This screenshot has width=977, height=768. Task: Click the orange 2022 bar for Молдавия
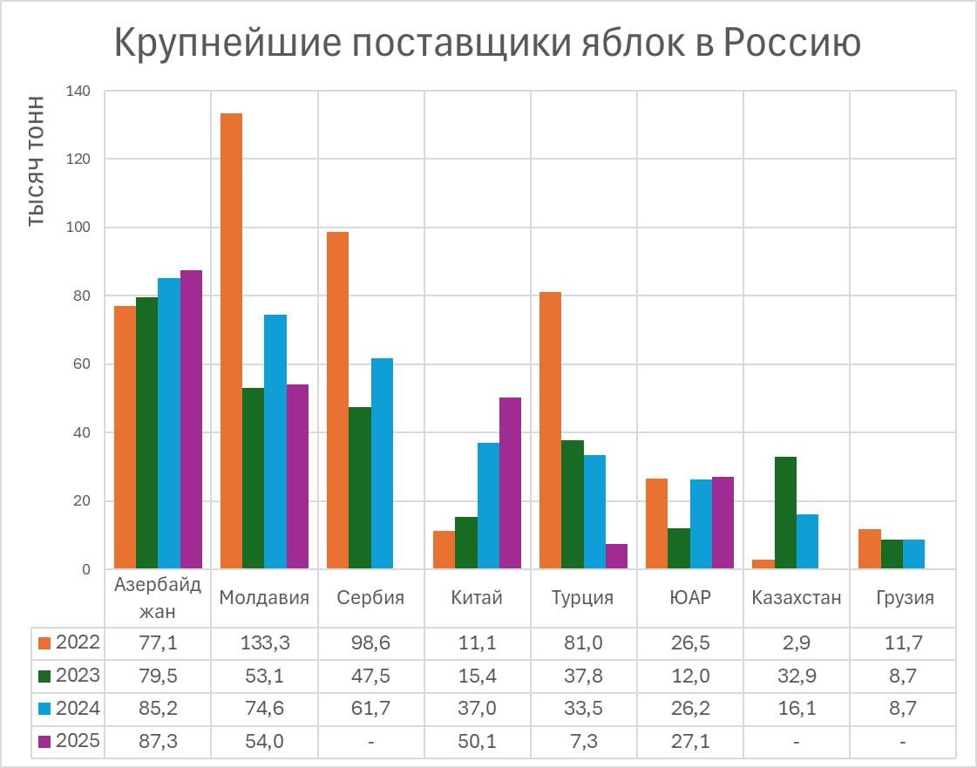[x=231, y=341]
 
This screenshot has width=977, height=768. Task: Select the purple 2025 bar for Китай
[x=510, y=484]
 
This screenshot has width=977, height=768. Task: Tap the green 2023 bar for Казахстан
[x=785, y=513]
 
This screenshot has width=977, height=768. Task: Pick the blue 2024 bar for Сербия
[x=382, y=464]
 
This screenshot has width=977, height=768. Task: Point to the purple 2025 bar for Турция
[x=616, y=557]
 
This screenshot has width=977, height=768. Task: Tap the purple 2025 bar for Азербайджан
[x=191, y=419]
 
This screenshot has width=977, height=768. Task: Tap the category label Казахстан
[x=796, y=598]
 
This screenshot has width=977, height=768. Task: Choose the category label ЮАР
[x=689, y=598]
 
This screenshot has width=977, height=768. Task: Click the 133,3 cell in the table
[x=264, y=643]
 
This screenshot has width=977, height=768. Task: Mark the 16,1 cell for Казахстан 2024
[x=796, y=709]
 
